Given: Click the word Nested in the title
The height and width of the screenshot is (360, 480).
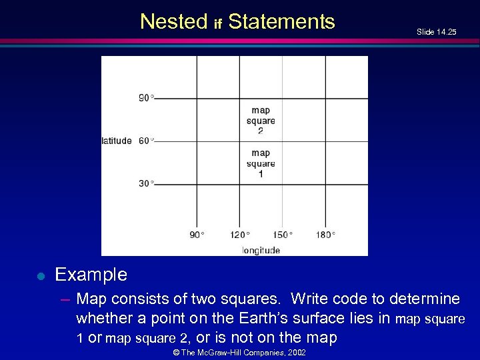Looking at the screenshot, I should (x=174, y=22).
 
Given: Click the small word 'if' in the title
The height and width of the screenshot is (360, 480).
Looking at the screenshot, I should (x=217, y=25).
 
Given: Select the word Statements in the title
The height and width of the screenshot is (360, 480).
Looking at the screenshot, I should (x=281, y=22).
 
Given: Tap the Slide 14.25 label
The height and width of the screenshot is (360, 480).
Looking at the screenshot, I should (x=436, y=31).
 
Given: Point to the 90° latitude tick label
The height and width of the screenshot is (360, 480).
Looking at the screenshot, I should (x=146, y=98).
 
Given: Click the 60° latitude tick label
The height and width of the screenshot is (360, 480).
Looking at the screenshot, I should (x=146, y=141).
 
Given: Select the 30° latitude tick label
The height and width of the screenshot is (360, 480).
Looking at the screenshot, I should (x=146, y=183).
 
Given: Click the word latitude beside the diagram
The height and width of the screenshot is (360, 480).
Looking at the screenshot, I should (x=117, y=141).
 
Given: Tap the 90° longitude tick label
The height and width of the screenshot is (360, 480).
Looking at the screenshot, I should (x=197, y=235).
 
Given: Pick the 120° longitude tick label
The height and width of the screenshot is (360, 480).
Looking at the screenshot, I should (x=239, y=235).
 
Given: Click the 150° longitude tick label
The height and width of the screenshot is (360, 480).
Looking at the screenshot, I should (x=283, y=235).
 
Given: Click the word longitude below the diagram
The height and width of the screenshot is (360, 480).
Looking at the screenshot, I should (x=261, y=251).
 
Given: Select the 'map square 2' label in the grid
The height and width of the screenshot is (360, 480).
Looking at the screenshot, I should (x=261, y=121).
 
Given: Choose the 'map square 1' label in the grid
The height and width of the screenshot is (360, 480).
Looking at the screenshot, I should (x=261, y=163).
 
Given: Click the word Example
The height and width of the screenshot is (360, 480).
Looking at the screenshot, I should (x=91, y=275).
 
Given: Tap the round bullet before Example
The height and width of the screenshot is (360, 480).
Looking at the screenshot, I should (x=40, y=275).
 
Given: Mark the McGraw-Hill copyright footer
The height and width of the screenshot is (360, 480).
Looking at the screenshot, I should (x=239, y=352).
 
